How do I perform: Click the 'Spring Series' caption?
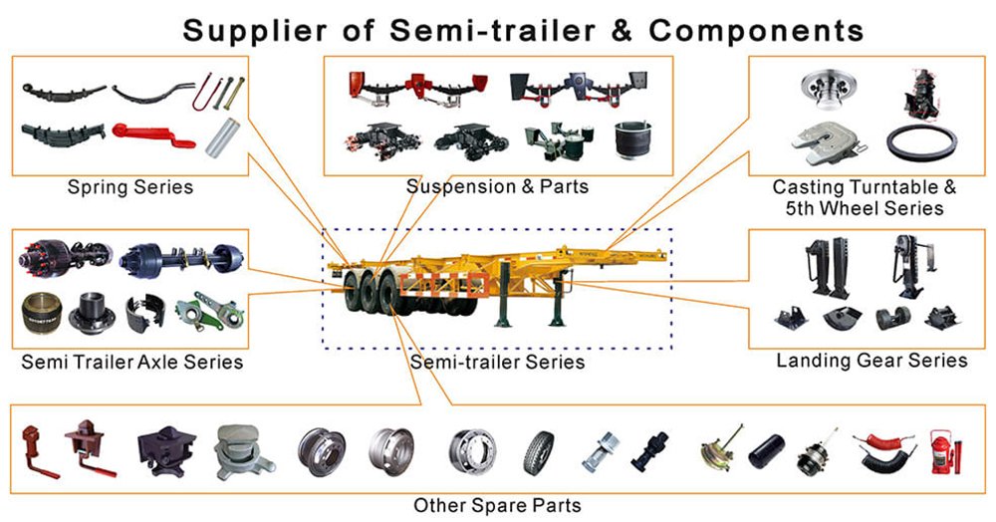(x=129, y=187)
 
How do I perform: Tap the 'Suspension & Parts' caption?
(x=497, y=187)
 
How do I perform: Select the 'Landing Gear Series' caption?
(x=871, y=361)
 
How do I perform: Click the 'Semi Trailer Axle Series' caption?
(x=131, y=362)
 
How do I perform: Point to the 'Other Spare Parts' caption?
(x=497, y=505)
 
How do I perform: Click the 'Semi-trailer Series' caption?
(x=497, y=362)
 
